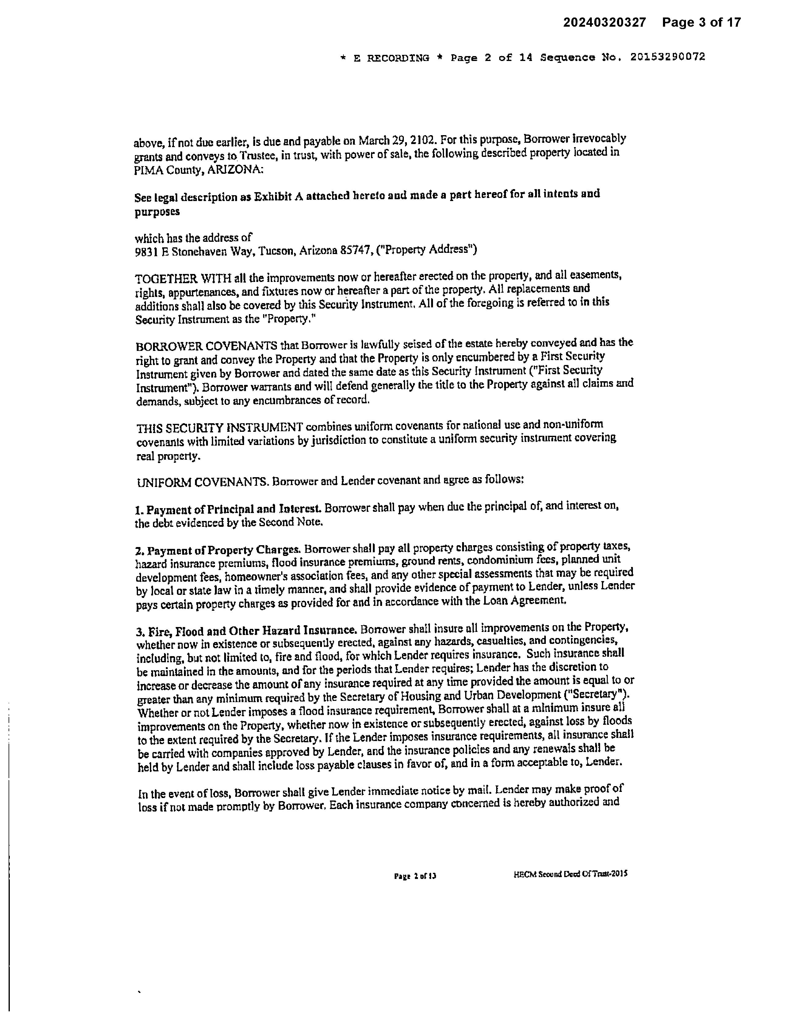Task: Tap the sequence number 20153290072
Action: pos(667,57)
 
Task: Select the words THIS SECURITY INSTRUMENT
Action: pos(220,428)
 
